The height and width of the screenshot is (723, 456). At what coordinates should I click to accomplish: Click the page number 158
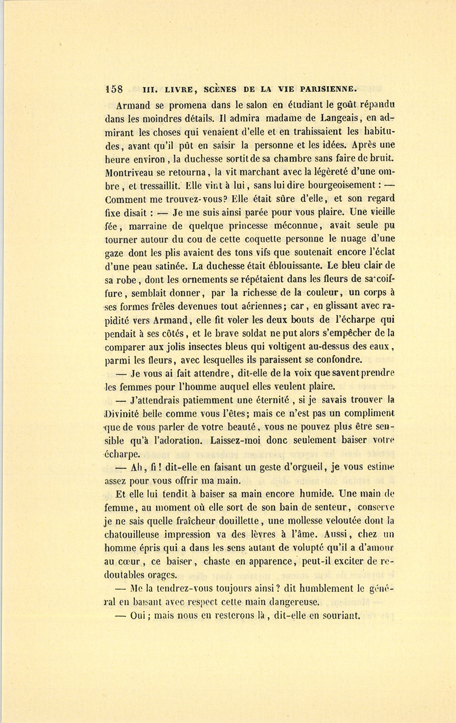click(114, 89)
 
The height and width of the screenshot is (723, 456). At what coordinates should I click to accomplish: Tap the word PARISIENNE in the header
click(328, 89)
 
